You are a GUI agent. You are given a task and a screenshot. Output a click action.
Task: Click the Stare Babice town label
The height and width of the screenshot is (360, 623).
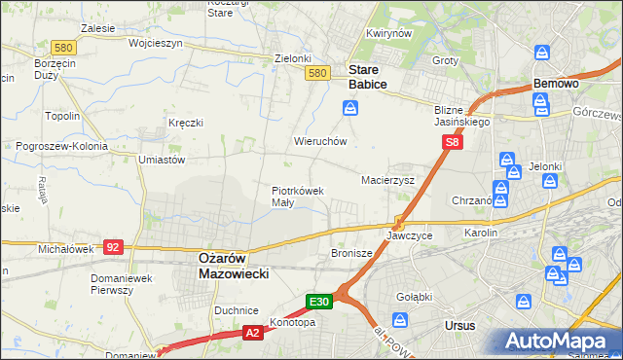click(x=367, y=77)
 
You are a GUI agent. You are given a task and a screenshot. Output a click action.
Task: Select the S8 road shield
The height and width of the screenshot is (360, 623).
click(x=452, y=142)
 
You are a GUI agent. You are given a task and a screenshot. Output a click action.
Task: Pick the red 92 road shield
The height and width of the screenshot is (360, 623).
click(x=113, y=247)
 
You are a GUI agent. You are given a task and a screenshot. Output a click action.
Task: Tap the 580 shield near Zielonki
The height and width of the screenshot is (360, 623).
click(x=315, y=73)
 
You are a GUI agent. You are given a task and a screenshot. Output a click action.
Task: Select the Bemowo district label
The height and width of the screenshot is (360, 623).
click(x=556, y=85)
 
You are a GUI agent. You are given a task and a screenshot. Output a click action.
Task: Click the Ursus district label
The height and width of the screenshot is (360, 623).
click(x=458, y=326)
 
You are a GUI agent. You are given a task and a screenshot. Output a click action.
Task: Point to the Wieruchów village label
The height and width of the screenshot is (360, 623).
click(x=320, y=141)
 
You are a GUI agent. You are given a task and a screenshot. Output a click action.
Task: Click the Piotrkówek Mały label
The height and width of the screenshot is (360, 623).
click(x=296, y=197)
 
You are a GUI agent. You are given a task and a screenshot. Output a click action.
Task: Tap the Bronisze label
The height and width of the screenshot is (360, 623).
click(x=351, y=253)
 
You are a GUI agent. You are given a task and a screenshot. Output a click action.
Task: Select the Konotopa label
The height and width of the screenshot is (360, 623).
click(x=292, y=323)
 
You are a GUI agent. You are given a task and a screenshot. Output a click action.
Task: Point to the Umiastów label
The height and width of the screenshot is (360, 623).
click(x=162, y=159)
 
